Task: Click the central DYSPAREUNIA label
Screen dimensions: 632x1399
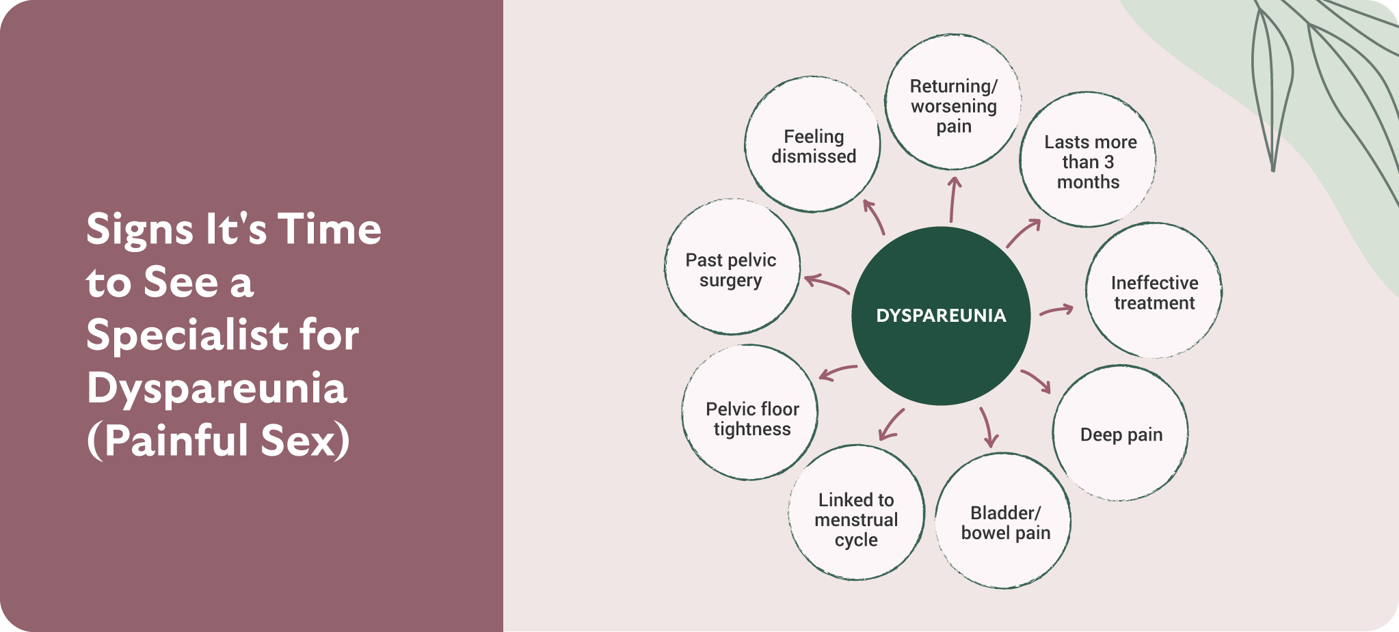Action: click(941, 316)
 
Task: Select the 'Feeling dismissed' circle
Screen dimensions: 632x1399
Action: click(813, 145)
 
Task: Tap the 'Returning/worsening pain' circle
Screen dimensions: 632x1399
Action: click(953, 102)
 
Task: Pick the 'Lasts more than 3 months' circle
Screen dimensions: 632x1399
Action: click(1089, 161)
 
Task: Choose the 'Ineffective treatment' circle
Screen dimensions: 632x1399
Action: click(1154, 292)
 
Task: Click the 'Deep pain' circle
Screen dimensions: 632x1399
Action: click(1121, 434)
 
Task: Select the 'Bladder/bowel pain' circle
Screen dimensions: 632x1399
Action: click(1004, 522)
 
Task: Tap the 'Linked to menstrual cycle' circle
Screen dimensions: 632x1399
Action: click(856, 514)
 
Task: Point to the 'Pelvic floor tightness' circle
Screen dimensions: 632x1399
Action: click(751, 414)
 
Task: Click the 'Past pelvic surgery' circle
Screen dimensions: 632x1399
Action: click(732, 268)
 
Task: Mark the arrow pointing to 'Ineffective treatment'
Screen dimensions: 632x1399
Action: click(1056, 311)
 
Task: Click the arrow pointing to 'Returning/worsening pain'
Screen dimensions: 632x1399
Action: click(952, 200)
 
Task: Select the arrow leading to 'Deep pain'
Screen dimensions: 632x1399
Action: click(1037, 381)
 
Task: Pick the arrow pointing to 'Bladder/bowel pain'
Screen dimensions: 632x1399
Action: click(987, 428)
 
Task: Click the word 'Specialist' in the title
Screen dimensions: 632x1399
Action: click(184, 335)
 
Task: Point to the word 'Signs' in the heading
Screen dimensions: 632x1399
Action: click(139, 230)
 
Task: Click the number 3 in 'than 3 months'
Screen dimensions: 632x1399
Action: click(1108, 163)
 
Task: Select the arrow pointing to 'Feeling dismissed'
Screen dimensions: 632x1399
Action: click(874, 217)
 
